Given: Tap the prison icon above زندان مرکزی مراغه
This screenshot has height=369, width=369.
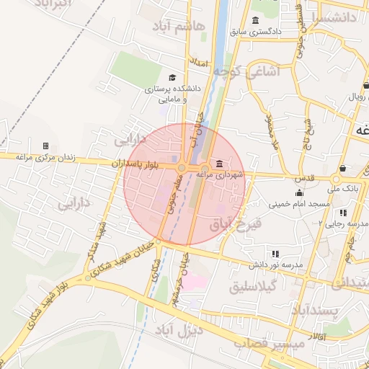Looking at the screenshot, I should click(x=46, y=146).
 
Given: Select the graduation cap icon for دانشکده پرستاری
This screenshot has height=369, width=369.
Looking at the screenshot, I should click(x=172, y=78).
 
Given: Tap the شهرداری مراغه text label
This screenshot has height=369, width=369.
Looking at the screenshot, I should click(x=223, y=174).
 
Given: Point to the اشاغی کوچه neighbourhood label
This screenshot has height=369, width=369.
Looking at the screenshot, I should click(x=270, y=71).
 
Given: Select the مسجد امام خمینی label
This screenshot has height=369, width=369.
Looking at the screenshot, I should click(x=299, y=204).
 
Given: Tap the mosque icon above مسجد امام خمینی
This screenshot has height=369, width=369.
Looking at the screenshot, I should click(x=299, y=192).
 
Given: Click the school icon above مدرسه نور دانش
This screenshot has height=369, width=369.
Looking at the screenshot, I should click(x=275, y=254).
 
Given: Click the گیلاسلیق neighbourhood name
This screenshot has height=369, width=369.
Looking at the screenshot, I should click(x=256, y=287).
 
